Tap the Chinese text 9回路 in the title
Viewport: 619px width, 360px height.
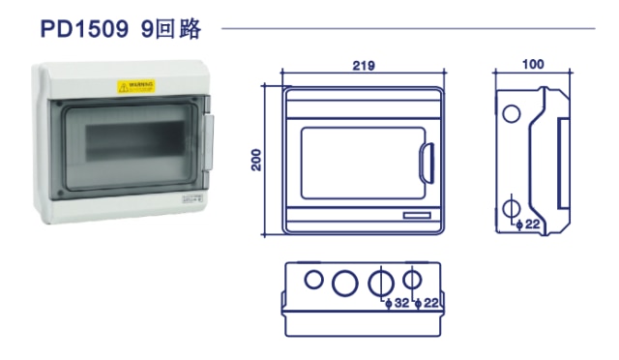tap(170, 30)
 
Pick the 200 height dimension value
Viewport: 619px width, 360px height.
tap(257, 159)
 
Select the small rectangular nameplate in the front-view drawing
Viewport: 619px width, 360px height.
tap(418, 215)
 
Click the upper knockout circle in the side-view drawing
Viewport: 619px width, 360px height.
tap(510, 114)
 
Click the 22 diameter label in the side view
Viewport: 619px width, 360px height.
tap(532, 225)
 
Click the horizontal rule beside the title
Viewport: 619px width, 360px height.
tap(406, 29)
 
